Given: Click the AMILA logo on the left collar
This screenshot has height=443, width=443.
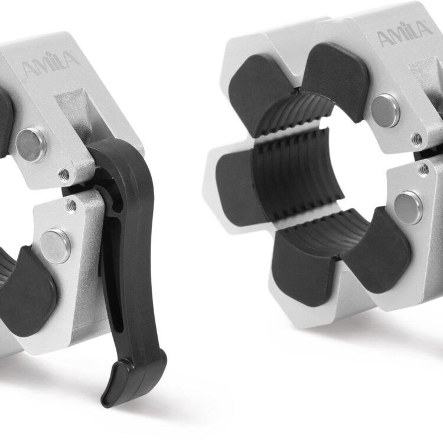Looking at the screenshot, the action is (51, 64).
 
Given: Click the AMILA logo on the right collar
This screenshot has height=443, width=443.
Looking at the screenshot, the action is (405, 34).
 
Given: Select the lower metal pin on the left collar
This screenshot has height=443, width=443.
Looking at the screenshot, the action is (55, 246).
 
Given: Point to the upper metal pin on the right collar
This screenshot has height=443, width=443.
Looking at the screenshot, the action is (385, 111).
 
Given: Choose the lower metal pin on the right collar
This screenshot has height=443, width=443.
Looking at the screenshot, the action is (409, 208).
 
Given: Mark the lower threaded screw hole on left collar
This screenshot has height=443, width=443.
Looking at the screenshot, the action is (72, 206).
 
